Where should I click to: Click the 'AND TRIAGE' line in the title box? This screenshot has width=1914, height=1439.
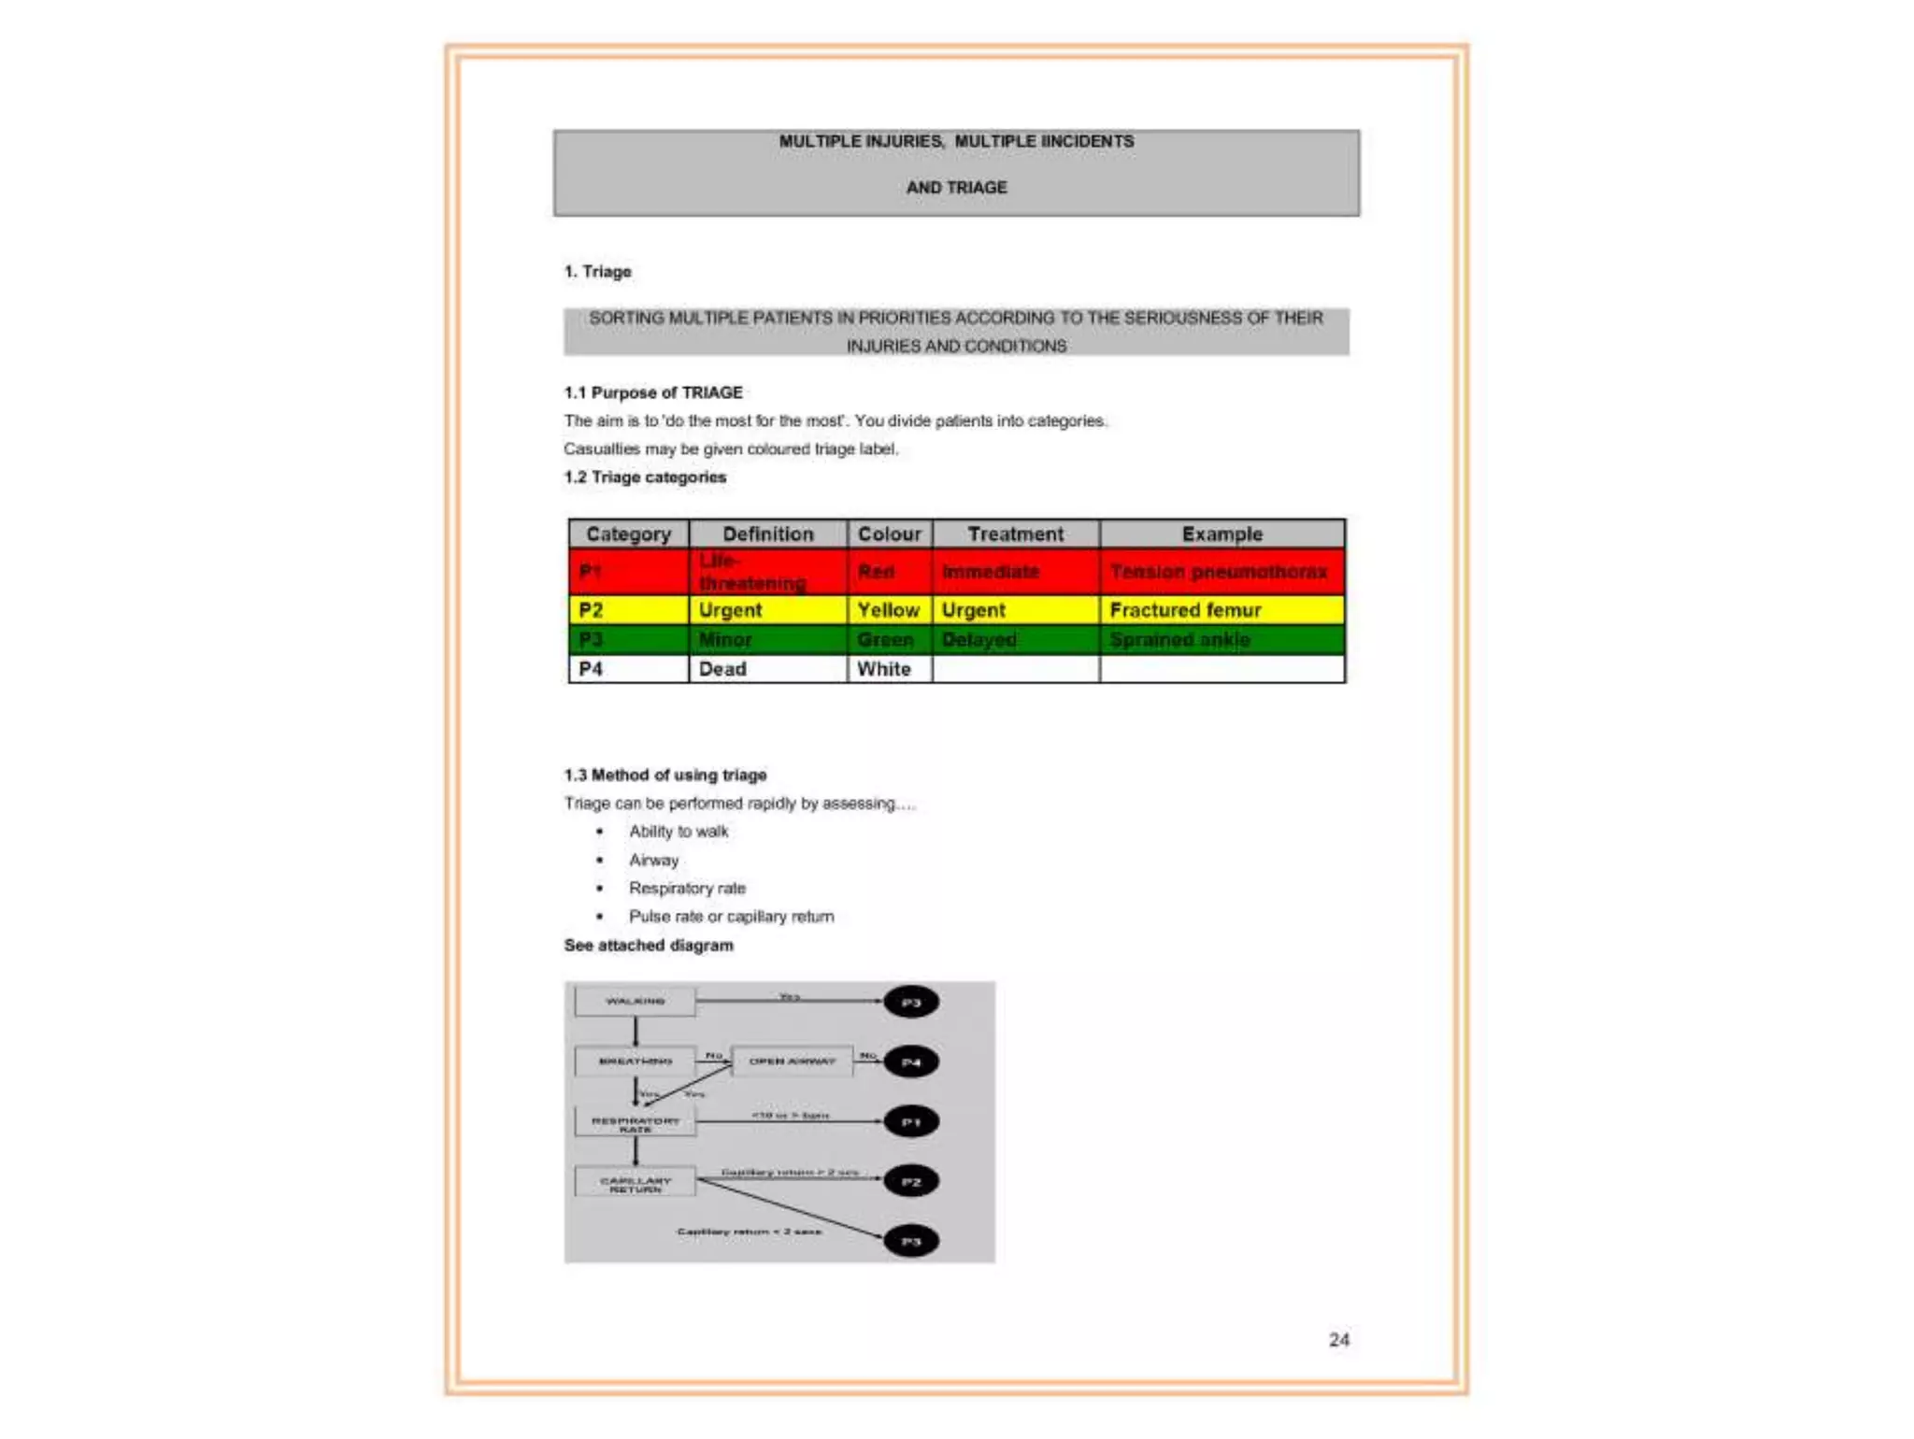point(956,188)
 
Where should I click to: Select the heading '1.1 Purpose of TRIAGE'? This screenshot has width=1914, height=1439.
point(652,392)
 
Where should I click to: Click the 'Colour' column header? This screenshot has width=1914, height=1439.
point(889,534)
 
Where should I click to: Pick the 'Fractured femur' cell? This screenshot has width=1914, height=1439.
point(1185,610)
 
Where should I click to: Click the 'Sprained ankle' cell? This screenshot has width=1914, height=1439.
point(1179,640)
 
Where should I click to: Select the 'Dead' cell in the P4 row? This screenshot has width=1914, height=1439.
point(722,669)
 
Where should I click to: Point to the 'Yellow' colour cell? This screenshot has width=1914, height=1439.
point(888,610)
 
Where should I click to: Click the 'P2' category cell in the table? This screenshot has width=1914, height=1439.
point(591,610)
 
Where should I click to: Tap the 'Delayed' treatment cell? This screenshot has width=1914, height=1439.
point(978,640)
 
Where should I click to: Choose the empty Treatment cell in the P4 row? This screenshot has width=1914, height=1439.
point(1015,669)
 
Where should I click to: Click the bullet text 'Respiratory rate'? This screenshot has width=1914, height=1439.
point(687,888)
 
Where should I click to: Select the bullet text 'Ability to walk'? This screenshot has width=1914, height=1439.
point(678,832)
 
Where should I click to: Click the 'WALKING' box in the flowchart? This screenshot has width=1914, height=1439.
point(636,1002)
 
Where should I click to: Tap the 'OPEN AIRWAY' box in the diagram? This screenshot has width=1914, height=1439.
point(792,1061)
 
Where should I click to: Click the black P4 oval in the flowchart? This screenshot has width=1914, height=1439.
point(911,1062)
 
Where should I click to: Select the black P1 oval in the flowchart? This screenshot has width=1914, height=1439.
point(911,1122)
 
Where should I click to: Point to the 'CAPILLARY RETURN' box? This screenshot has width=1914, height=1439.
point(636,1182)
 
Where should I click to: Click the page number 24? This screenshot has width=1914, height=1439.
point(1338,1340)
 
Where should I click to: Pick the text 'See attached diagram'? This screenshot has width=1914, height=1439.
point(649,946)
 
